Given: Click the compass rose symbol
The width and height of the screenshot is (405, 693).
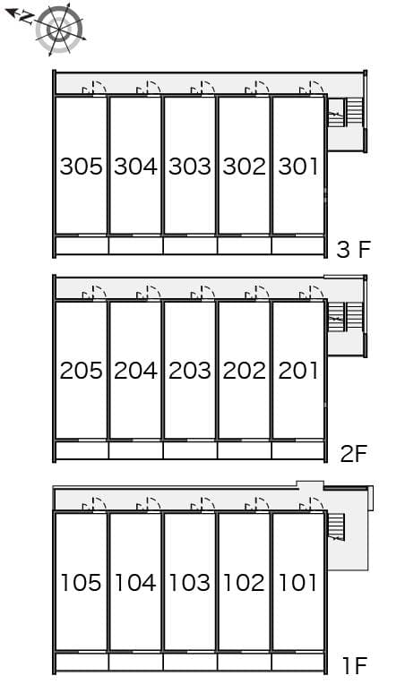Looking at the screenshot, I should [59, 30].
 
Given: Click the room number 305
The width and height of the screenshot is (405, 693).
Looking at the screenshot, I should [82, 166].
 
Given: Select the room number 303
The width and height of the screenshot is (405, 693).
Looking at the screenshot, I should [190, 166].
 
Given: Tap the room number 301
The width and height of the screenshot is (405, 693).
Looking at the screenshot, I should [298, 166].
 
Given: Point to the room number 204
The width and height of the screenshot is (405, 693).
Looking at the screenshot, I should [135, 370].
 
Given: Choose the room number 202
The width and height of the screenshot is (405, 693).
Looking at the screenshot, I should [245, 370].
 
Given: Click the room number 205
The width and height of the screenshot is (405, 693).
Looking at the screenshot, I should [82, 370].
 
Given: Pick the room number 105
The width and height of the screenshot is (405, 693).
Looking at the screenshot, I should [82, 583].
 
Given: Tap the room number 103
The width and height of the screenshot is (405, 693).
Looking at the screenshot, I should [190, 583].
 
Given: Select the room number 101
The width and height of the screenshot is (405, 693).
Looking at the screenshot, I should [298, 583].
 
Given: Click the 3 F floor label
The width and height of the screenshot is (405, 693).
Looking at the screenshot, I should [353, 249].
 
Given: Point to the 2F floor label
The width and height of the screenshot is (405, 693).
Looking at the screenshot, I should [354, 453].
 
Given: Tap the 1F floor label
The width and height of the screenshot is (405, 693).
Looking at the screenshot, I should [355, 665].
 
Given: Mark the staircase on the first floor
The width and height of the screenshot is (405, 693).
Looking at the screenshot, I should [338, 527].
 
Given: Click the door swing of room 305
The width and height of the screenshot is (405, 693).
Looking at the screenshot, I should [94, 88].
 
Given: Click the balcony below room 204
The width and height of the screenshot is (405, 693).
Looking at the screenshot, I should [135, 449].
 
